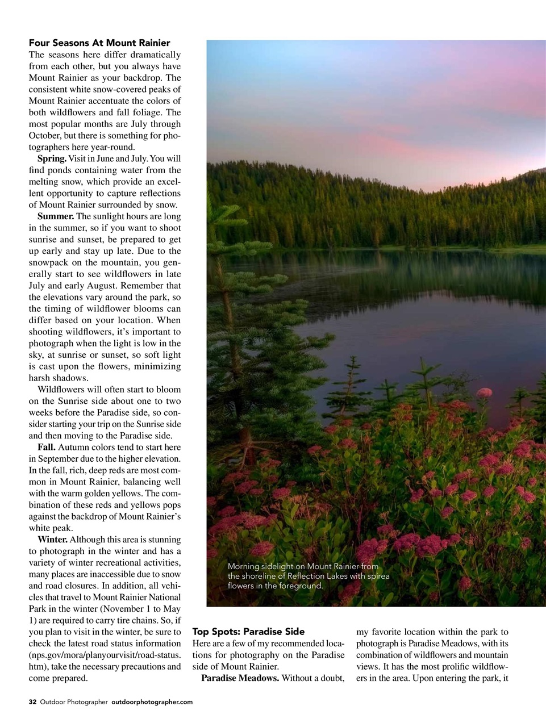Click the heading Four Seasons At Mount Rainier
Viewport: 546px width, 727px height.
(x=99, y=43)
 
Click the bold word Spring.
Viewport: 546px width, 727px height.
(x=52, y=158)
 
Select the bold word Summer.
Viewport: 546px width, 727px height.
(x=56, y=216)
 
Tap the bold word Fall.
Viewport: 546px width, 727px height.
(x=46, y=447)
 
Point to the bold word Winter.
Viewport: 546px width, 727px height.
(x=52, y=539)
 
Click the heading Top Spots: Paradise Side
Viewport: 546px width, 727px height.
(x=248, y=632)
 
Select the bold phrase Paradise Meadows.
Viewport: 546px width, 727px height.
(x=240, y=678)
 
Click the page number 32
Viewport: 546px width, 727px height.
(x=32, y=702)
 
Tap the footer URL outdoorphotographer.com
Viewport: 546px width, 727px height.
(x=152, y=702)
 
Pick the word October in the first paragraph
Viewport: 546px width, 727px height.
(x=44, y=135)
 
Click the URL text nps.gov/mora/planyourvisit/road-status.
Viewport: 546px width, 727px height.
(x=105, y=655)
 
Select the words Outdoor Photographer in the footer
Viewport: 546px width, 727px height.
(x=73, y=702)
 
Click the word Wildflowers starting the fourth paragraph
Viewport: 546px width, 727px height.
(x=60, y=390)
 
